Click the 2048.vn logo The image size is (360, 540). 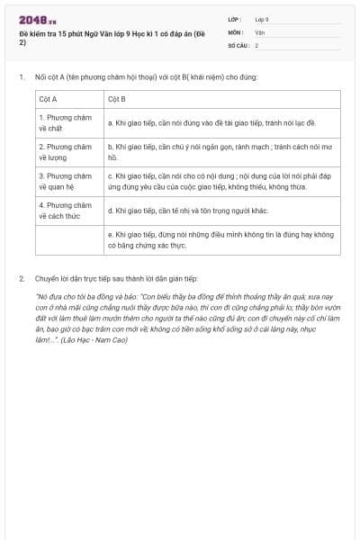(x=38, y=20)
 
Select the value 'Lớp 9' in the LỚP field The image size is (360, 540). (x=262, y=19)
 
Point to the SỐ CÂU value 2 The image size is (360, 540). (x=256, y=44)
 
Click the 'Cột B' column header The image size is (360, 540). (x=116, y=99)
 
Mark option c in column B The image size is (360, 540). (x=219, y=181)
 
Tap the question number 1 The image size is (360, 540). (x=22, y=77)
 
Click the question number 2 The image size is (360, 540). (x=22, y=279)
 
